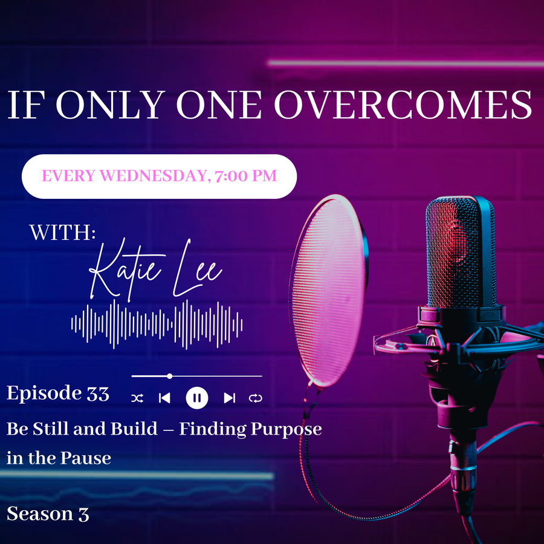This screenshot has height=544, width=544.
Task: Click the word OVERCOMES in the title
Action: tap(403, 105)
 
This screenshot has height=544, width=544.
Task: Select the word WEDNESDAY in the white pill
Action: tap(153, 175)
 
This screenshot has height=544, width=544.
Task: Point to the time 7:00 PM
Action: tap(245, 175)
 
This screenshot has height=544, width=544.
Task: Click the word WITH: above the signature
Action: tap(62, 233)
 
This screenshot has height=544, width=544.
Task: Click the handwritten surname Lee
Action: tap(196, 269)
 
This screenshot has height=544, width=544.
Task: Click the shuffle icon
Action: tap(137, 398)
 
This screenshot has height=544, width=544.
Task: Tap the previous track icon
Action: tap(164, 398)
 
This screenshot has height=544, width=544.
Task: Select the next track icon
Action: tap(229, 398)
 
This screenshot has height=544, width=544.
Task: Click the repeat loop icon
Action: tap(255, 398)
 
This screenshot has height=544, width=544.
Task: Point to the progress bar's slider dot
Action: tap(169, 376)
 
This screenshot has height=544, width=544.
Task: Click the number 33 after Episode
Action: tap(98, 394)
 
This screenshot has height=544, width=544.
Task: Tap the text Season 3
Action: tap(48, 514)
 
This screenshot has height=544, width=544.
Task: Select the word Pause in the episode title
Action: tap(85, 458)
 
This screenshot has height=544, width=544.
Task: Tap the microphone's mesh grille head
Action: tap(461, 251)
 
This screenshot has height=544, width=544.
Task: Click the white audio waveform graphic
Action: tap(157, 325)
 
